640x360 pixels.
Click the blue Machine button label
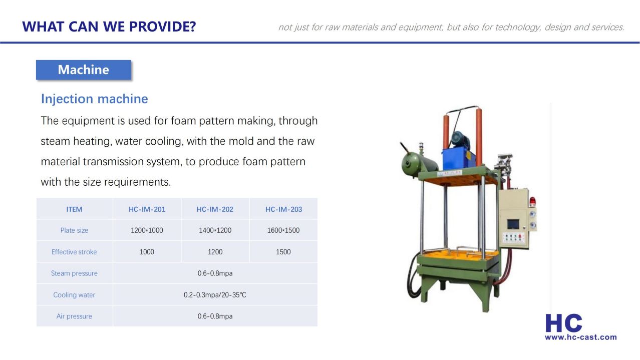(x=84, y=70)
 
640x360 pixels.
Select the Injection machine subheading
(x=95, y=99)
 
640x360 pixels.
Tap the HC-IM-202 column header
(x=215, y=209)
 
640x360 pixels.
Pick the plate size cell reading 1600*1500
(x=283, y=230)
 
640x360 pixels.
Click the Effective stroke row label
(x=74, y=252)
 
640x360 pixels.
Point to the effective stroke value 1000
(x=147, y=252)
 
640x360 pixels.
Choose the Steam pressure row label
(x=74, y=273)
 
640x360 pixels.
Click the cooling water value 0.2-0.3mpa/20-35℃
(x=215, y=295)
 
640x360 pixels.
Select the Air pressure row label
(x=74, y=316)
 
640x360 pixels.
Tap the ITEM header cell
(x=74, y=209)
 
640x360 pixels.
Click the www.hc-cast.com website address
(x=581, y=337)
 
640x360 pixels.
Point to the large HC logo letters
(x=564, y=323)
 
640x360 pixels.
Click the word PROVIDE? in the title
(x=163, y=27)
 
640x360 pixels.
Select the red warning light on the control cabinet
(x=532, y=201)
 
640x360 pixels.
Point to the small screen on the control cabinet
(x=513, y=224)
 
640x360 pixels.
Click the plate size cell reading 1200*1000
(x=147, y=230)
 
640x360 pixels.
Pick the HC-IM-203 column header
(x=284, y=209)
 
